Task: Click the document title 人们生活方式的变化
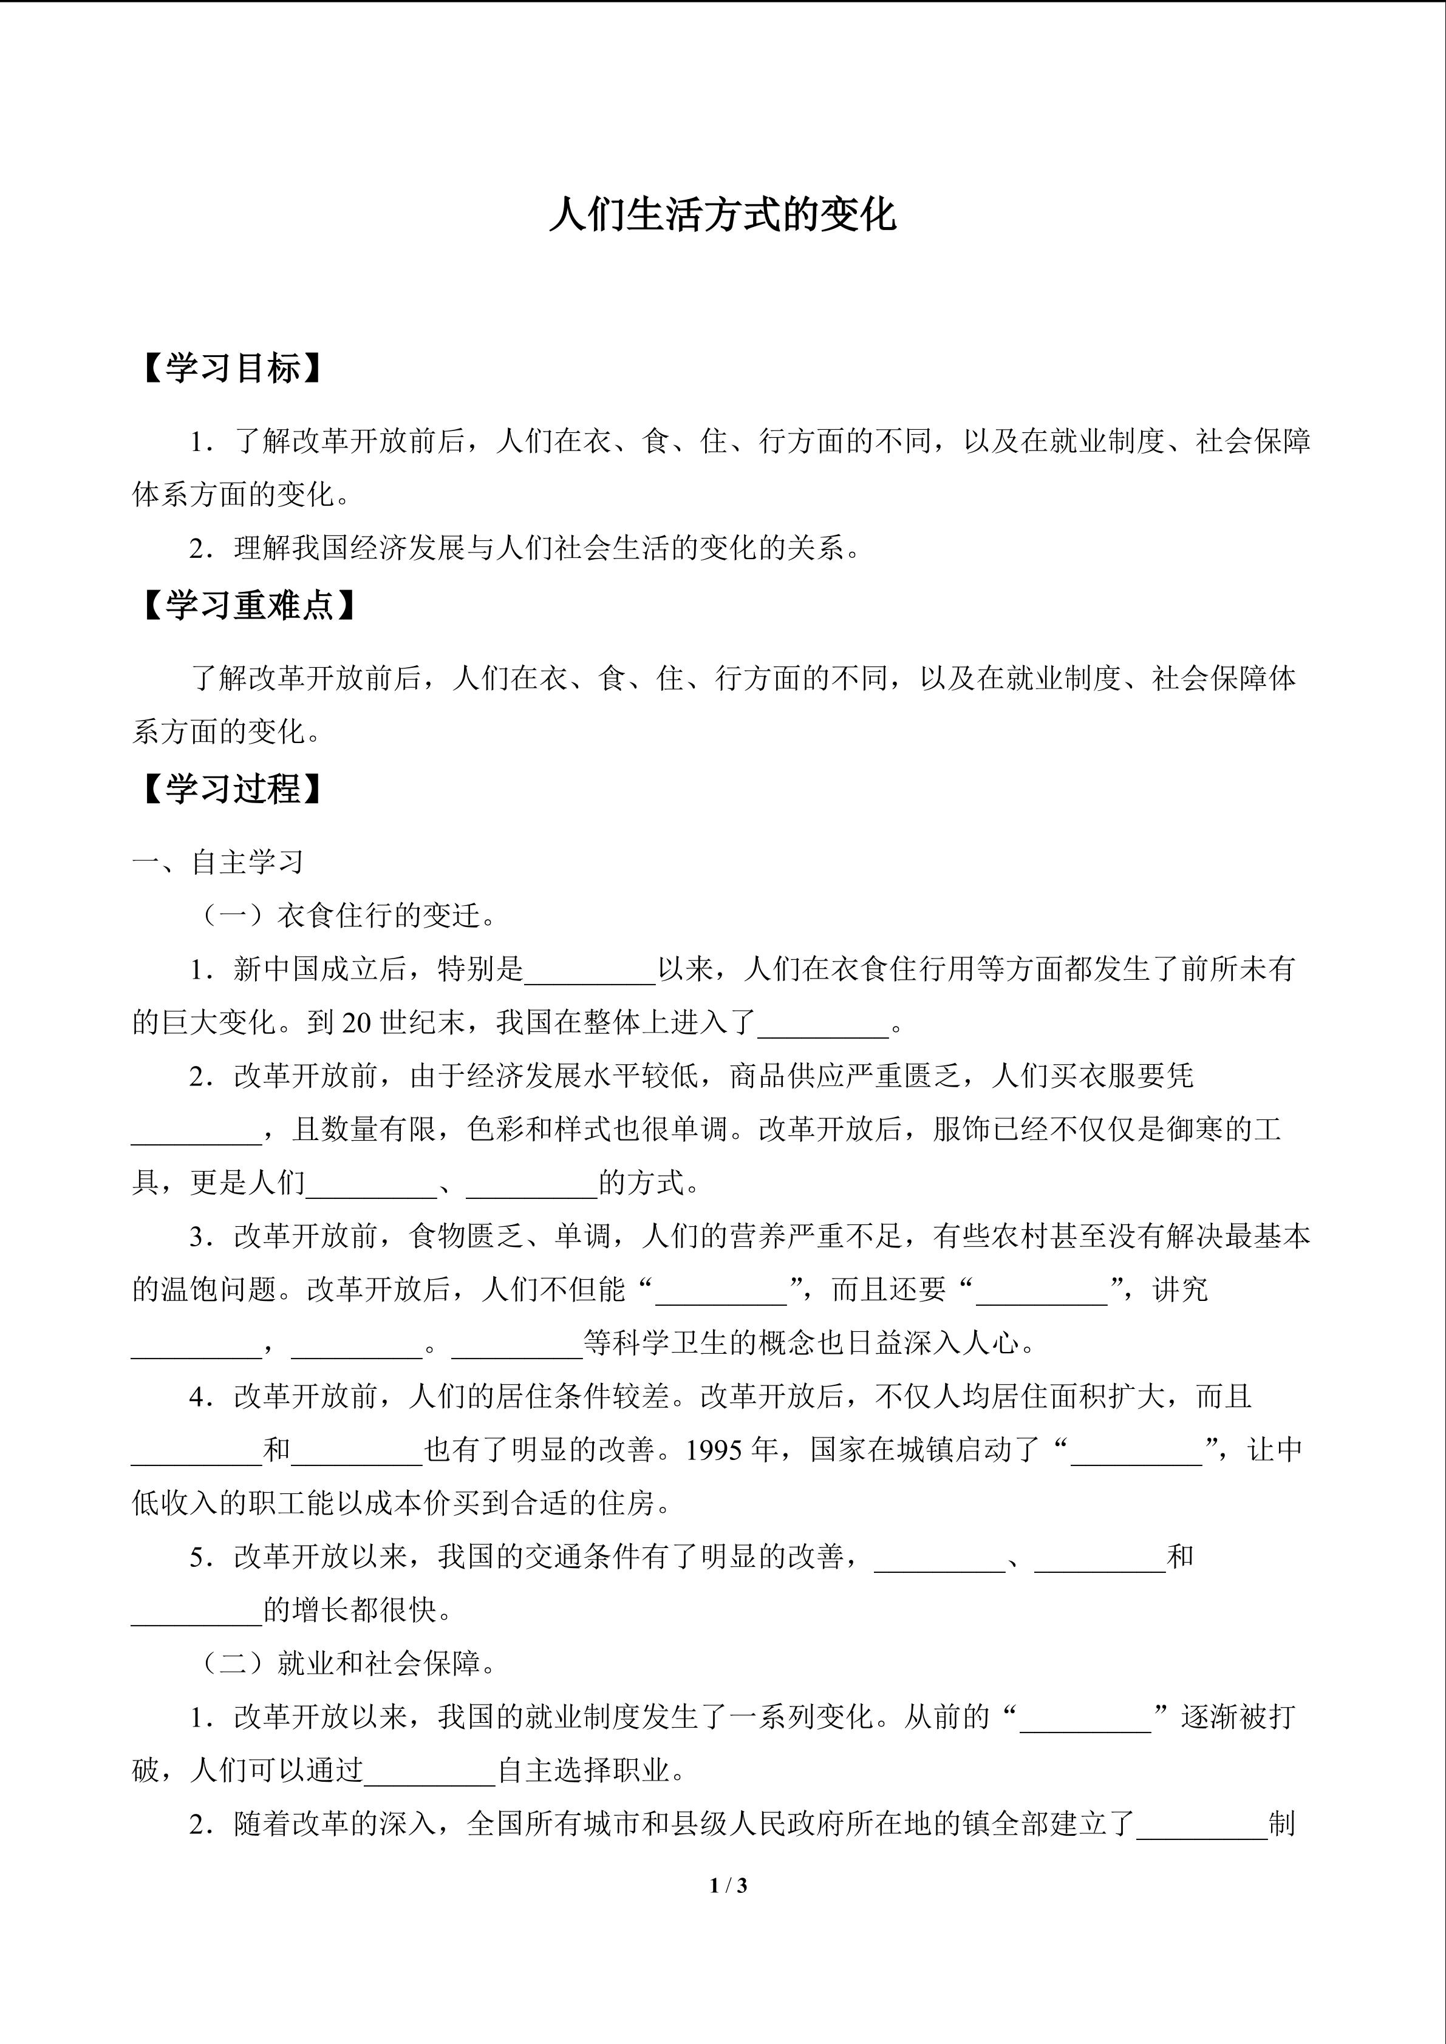(x=722, y=216)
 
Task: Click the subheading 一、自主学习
(x=218, y=862)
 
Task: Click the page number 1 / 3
(x=728, y=1885)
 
